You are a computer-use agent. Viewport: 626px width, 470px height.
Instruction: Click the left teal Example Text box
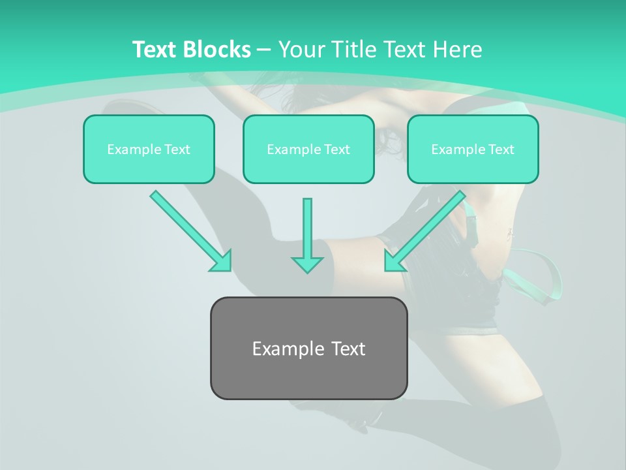pyautogui.click(x=149, y=149)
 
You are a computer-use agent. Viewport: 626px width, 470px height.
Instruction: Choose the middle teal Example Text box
pyautogui.click(x=308, y=149)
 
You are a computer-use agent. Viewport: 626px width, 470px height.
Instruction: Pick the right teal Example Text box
pyautogui.click(x=473, y=149)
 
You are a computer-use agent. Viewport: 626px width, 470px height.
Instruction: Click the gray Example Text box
pyautogui.click(x=308, y=348)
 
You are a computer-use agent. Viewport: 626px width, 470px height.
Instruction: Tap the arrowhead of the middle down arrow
pyautogui.click(x=307, y=264)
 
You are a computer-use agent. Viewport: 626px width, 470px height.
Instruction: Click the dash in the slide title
pyautogui.click(x=264, y=50)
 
